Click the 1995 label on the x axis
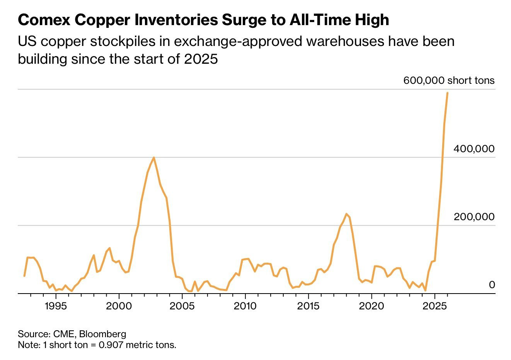[x=56, y=306]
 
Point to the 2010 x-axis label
[x=245, y=306]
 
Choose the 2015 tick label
[x=308, y=306]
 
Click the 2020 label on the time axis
[x=371, y=306]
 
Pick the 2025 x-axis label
[x=434, y=306]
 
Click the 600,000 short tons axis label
[x=449, y=80]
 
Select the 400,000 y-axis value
[x=474, y=149]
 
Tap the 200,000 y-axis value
[x=474, y=217]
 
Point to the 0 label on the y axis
[x=492, y=285]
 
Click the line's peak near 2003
[x=154, y=157]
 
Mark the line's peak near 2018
[x=346, y=214]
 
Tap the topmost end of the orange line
[x=447, y=93]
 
